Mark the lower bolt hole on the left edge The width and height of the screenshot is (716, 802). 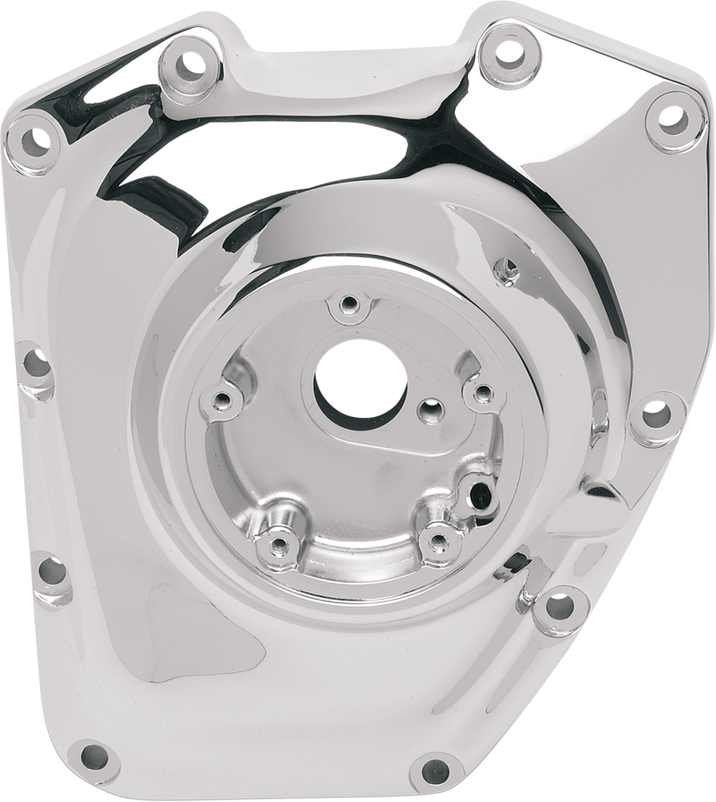tap(48, 569)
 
